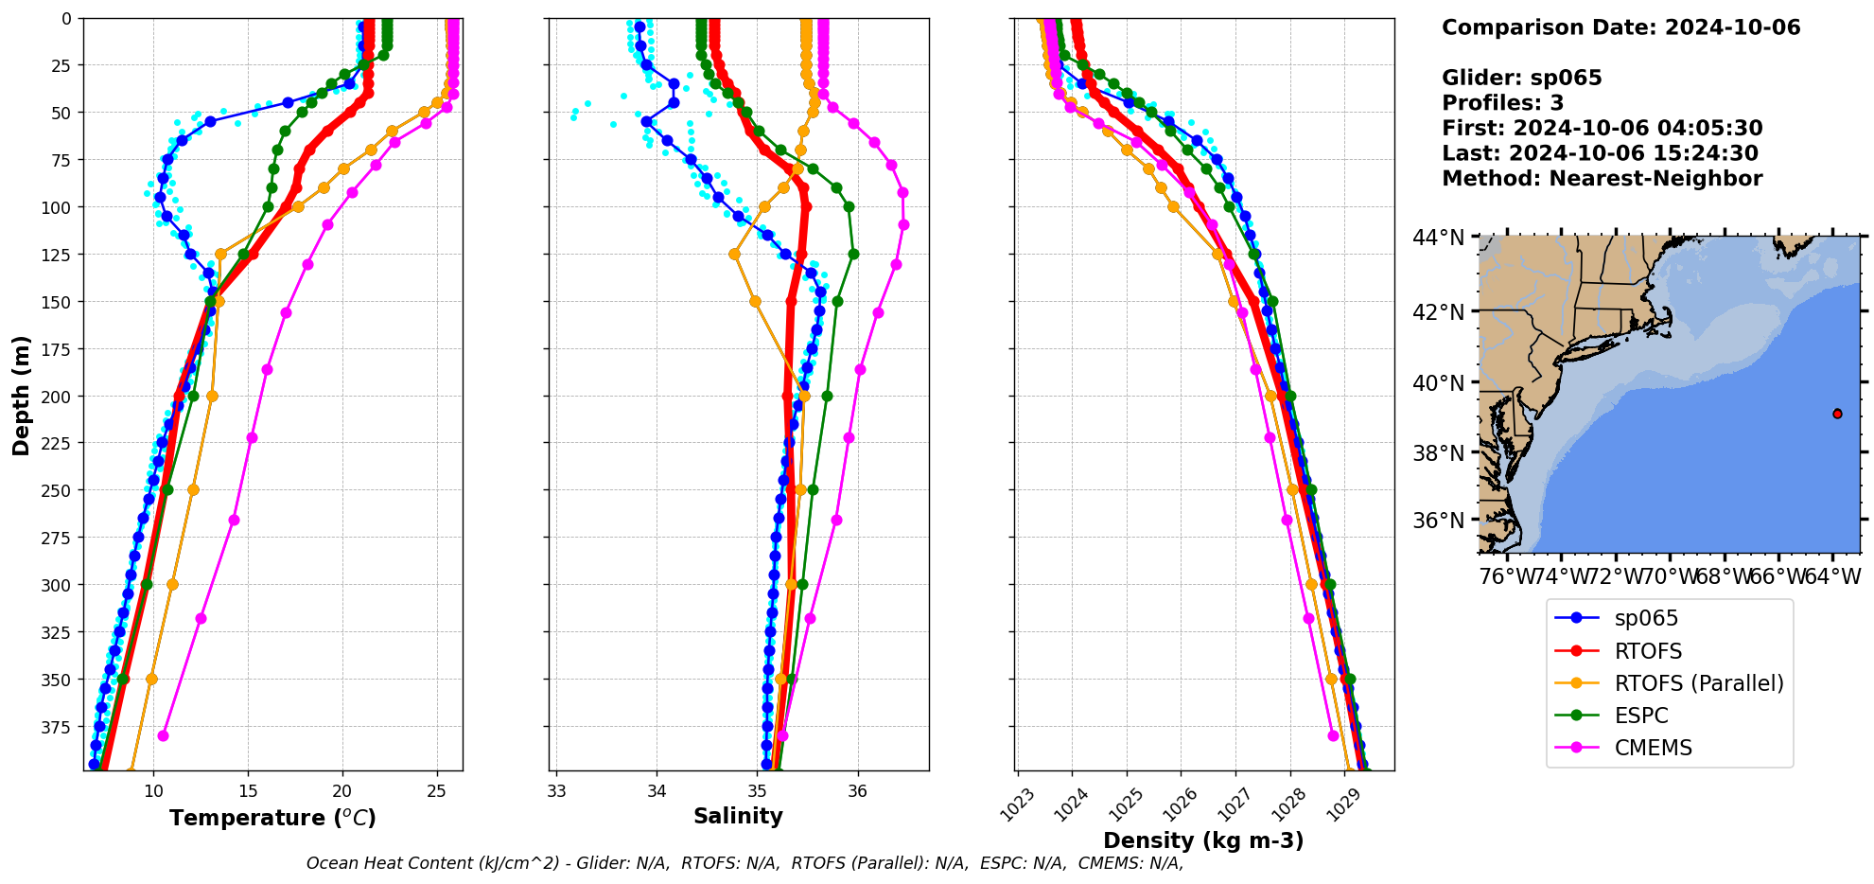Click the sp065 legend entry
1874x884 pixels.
click(1645, 618)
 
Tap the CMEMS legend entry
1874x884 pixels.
click(1653, 748)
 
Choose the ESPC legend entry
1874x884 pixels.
click(1640, 716)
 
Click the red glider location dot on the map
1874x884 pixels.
click(1837, 414)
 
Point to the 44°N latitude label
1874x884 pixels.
click(1438, 238)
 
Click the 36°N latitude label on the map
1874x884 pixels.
click(1438, 521)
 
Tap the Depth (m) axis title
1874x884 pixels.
click(21, 395)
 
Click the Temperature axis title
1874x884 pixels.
click(272, 818)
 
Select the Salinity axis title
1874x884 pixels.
click(738, 817)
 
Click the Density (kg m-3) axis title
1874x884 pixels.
click(1203, 840)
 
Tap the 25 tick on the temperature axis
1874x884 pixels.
click(436, 791)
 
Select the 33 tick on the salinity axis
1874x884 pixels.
click(556, 791)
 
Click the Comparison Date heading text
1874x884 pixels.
click(1620, 27)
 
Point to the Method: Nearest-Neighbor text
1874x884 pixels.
click(1602, 179)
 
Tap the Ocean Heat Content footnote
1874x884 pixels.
click(744, 863)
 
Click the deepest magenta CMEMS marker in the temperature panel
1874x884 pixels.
click(163, 735)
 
